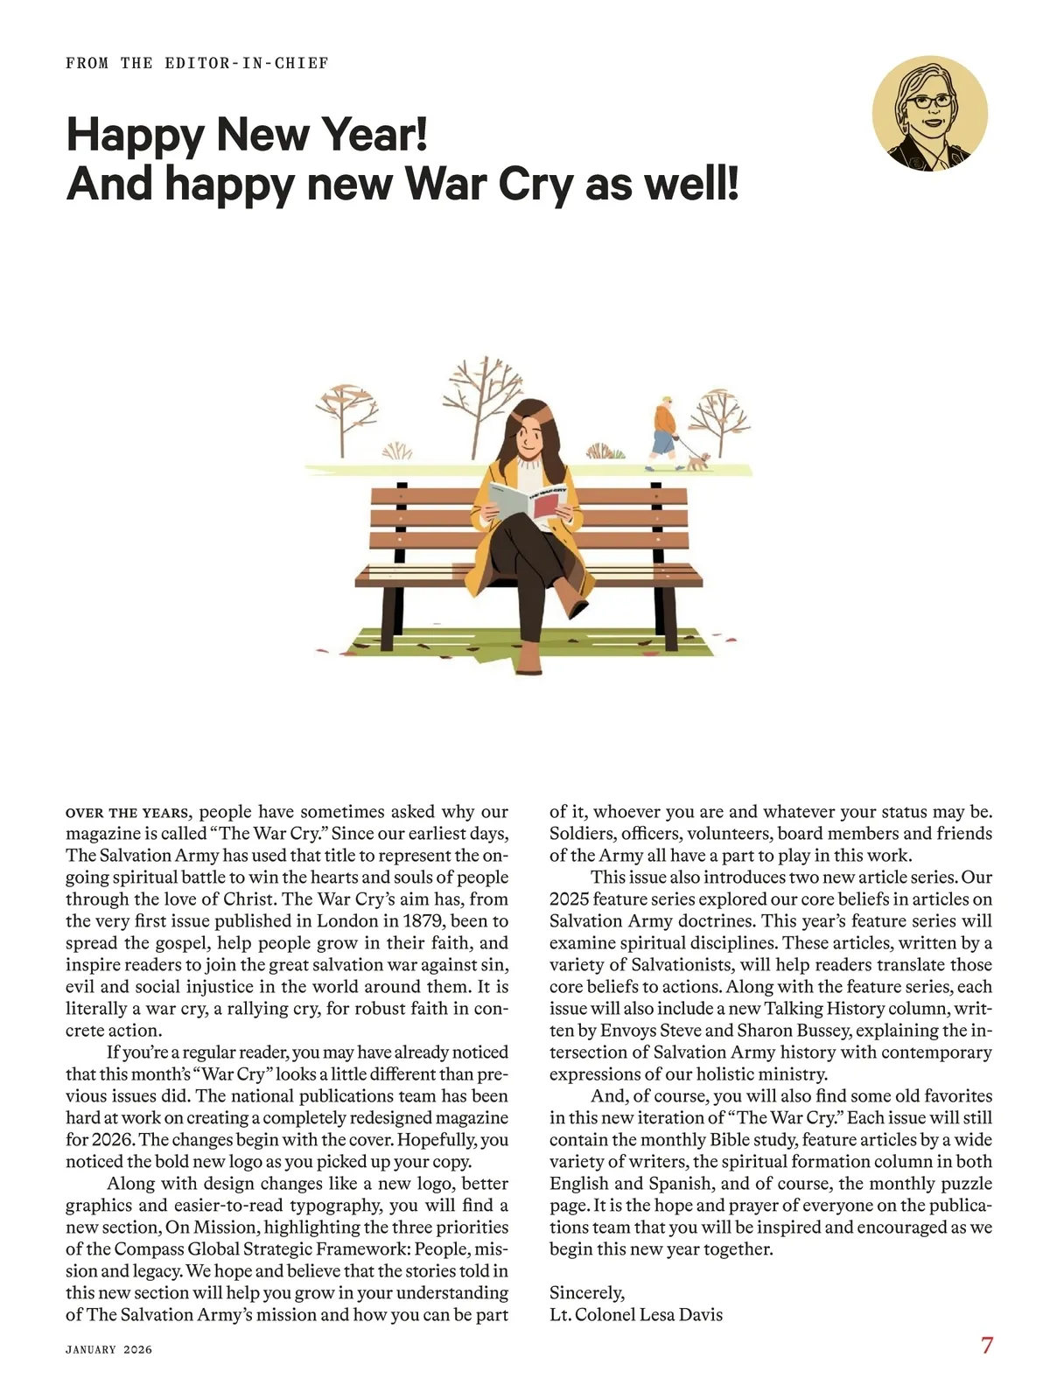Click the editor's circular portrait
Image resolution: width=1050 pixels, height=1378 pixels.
(929, 115)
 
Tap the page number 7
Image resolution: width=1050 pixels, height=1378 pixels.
(987, 1345)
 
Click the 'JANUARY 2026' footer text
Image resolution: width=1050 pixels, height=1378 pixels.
(108, 1349)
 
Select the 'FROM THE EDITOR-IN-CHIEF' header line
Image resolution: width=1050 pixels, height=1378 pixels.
(197, 63)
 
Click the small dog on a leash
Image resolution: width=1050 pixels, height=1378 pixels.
(697, 462)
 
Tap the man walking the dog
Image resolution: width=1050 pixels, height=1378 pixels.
(665, 432)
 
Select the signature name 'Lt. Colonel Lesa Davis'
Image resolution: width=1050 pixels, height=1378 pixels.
(636, 1314)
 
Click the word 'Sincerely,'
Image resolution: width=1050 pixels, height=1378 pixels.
(587, 1292)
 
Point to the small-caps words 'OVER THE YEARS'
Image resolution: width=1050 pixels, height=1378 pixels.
(127, 812)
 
